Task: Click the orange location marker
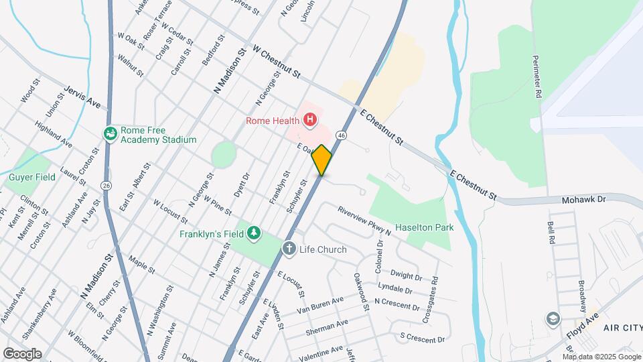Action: coord(321,160)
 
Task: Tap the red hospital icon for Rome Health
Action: coord(310,121)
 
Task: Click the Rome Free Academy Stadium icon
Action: coord(110,134)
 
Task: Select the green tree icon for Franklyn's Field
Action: coord(253,233)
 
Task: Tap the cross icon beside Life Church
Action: coord(289,249)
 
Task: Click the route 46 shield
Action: coord(342,135)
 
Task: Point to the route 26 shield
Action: coord(106,184)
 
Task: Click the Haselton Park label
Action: coord(424,227)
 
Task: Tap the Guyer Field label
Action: coord(31,178)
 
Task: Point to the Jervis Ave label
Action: coord(82,97)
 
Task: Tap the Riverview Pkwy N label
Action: coord(364,220)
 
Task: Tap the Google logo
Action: coord(22,353)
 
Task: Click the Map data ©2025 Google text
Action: coord(601,355)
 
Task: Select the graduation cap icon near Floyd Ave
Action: coord(553,317)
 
